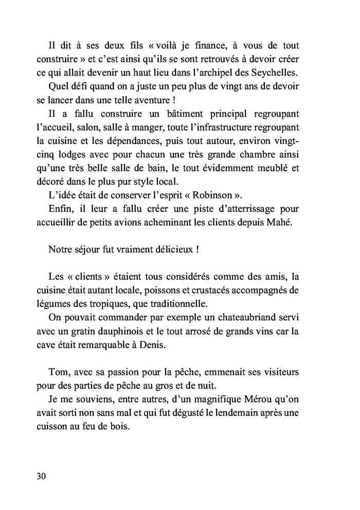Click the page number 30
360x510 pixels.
point(42,476)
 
